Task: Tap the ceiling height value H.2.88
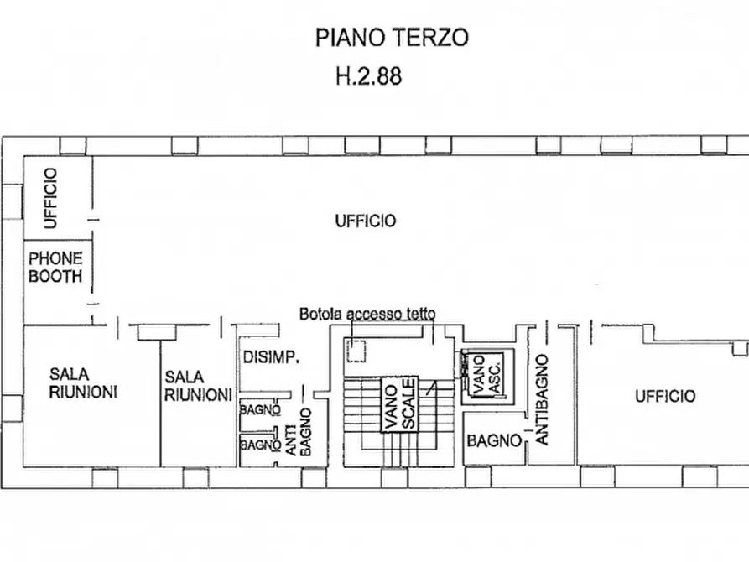368,76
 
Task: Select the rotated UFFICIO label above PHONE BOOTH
51,198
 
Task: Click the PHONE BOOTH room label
55,267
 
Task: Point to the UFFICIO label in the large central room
365,221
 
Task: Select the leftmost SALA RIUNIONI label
82,382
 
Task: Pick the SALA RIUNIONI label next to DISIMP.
197,386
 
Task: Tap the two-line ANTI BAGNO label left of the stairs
298,432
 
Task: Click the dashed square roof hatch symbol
356,351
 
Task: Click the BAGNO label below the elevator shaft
494,440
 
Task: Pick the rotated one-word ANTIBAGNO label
542,399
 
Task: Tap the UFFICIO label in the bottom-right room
664,396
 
